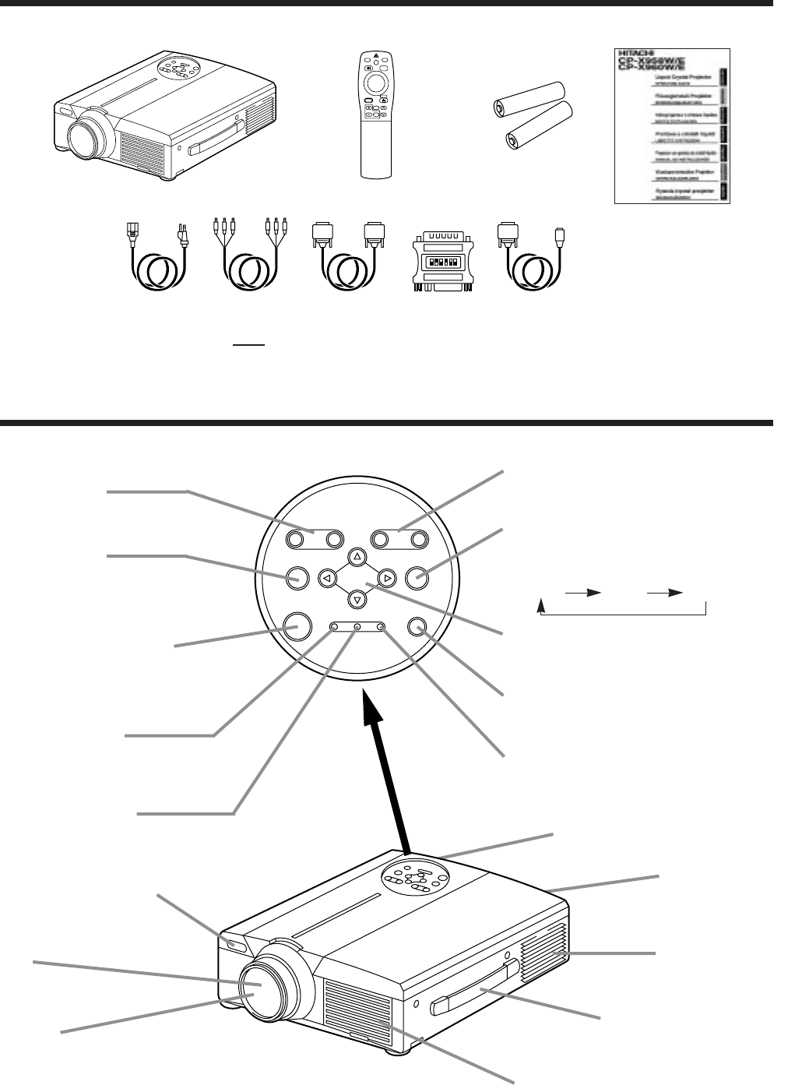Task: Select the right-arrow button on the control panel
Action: click(x=385, y=578)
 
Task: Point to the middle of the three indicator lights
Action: click(x=357, y=626)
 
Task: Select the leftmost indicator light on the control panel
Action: click(x=333, y=626)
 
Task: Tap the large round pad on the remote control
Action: click(x=375, y=84)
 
